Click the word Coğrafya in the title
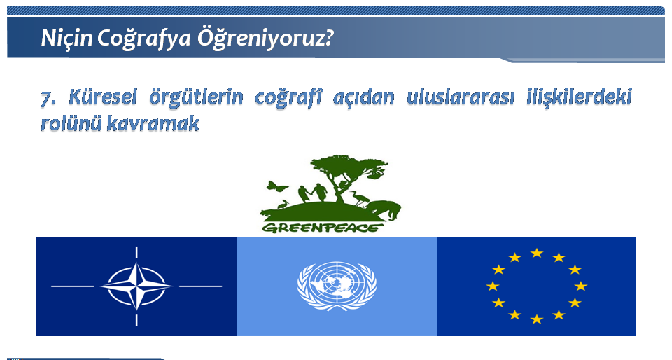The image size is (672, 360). [x=144, y=39]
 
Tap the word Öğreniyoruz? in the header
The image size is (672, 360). [x=265, y=39]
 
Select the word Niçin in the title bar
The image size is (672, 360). [x=66, y=39]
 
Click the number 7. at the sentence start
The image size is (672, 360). [x=48, y=98]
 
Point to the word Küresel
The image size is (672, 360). [x=102, y=97]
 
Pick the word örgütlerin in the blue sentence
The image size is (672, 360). [x=196, y=98]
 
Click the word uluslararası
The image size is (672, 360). [x=460, y=97]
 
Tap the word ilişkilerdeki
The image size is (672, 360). [x=579, y=98]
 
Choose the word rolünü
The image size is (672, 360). [x=71, y=123]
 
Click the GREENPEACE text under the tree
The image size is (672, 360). [x=322, y=228]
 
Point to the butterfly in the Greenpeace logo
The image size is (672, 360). [x=277, y=186]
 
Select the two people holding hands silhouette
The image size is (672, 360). [x=312, y=193]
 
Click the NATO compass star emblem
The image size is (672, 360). [x=136, y=286]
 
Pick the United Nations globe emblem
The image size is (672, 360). [x=337, y=286]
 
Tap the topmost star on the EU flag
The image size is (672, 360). [x=537, y=253]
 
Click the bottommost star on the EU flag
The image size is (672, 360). [x=537, y=319]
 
